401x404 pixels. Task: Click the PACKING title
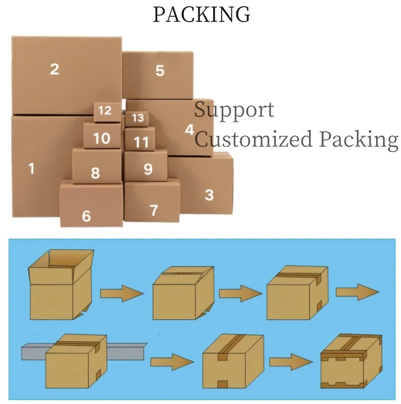201,15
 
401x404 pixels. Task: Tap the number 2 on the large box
54,69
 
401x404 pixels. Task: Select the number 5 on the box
160,71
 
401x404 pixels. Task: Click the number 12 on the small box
105,111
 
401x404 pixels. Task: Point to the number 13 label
138,118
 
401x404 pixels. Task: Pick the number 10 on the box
102,138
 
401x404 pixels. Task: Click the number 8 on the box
95,173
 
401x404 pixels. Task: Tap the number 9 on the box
148,169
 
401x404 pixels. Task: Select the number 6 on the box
86,216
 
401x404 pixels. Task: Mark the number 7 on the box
153,210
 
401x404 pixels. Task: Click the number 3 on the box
209,195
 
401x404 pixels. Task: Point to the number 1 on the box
31,168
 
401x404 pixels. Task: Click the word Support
234,109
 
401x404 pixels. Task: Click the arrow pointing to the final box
290,361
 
